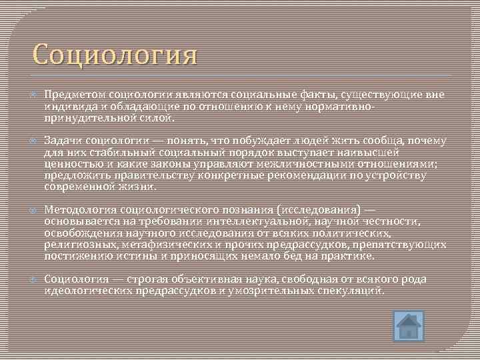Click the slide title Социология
tap(114, 55)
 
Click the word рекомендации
tap(299, 175)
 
